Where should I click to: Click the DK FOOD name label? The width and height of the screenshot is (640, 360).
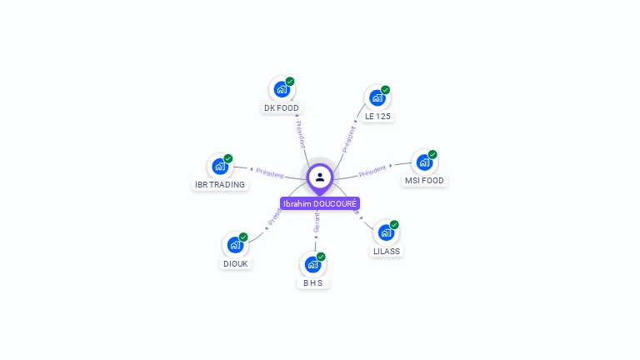pyautogui.click(x=281, y=108)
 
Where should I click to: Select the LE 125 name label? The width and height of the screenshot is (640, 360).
pyautogui.click(x=377, y=117)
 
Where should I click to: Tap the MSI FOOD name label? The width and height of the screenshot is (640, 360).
pyautogui.click(x=425, y=181)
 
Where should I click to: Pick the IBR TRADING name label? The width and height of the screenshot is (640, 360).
pyautogui.click(x=220, y=185)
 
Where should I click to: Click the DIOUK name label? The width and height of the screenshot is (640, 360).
pyautogui.click(x=235, y=264)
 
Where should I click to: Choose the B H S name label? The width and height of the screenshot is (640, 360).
pyautogui.click(x=312, y=283)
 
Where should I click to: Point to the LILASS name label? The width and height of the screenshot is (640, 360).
pyautogui.click(x=387, y=251)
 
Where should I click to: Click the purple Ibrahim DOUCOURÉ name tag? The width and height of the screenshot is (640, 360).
pyautogui.click(x=320, y=203)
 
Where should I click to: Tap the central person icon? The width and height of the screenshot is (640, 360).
pyautogui.click(x=320, y=177)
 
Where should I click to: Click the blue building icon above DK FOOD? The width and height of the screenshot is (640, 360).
pyautogui.click(x=281, y=88)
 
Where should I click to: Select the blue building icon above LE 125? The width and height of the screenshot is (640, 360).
pyautogui.click(x=377, y=97)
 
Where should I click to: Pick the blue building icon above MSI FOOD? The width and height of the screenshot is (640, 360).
pyautogui.click(x=424, y=162)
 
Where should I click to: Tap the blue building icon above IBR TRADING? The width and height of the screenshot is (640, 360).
pyautogui.click(x=219, y=166)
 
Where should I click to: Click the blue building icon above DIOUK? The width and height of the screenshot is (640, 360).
pyautogui.click(x=235, y=244)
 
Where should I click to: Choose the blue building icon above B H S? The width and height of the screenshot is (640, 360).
pyautogui.click(x=312, y=264)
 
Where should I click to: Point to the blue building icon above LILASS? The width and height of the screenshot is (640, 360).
pyautogui.click(x=386, y=232)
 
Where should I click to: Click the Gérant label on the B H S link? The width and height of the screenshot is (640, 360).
pyautogui.click(x=317, y=222)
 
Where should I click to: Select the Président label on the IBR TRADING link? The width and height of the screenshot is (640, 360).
pyautogui.click(x=270, y=172)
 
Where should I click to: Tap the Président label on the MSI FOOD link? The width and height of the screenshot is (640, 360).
pyautogui.click(x=372, y=171)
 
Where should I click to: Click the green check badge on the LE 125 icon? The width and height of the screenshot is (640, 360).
pyautogui.click(x=385, y=90)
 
